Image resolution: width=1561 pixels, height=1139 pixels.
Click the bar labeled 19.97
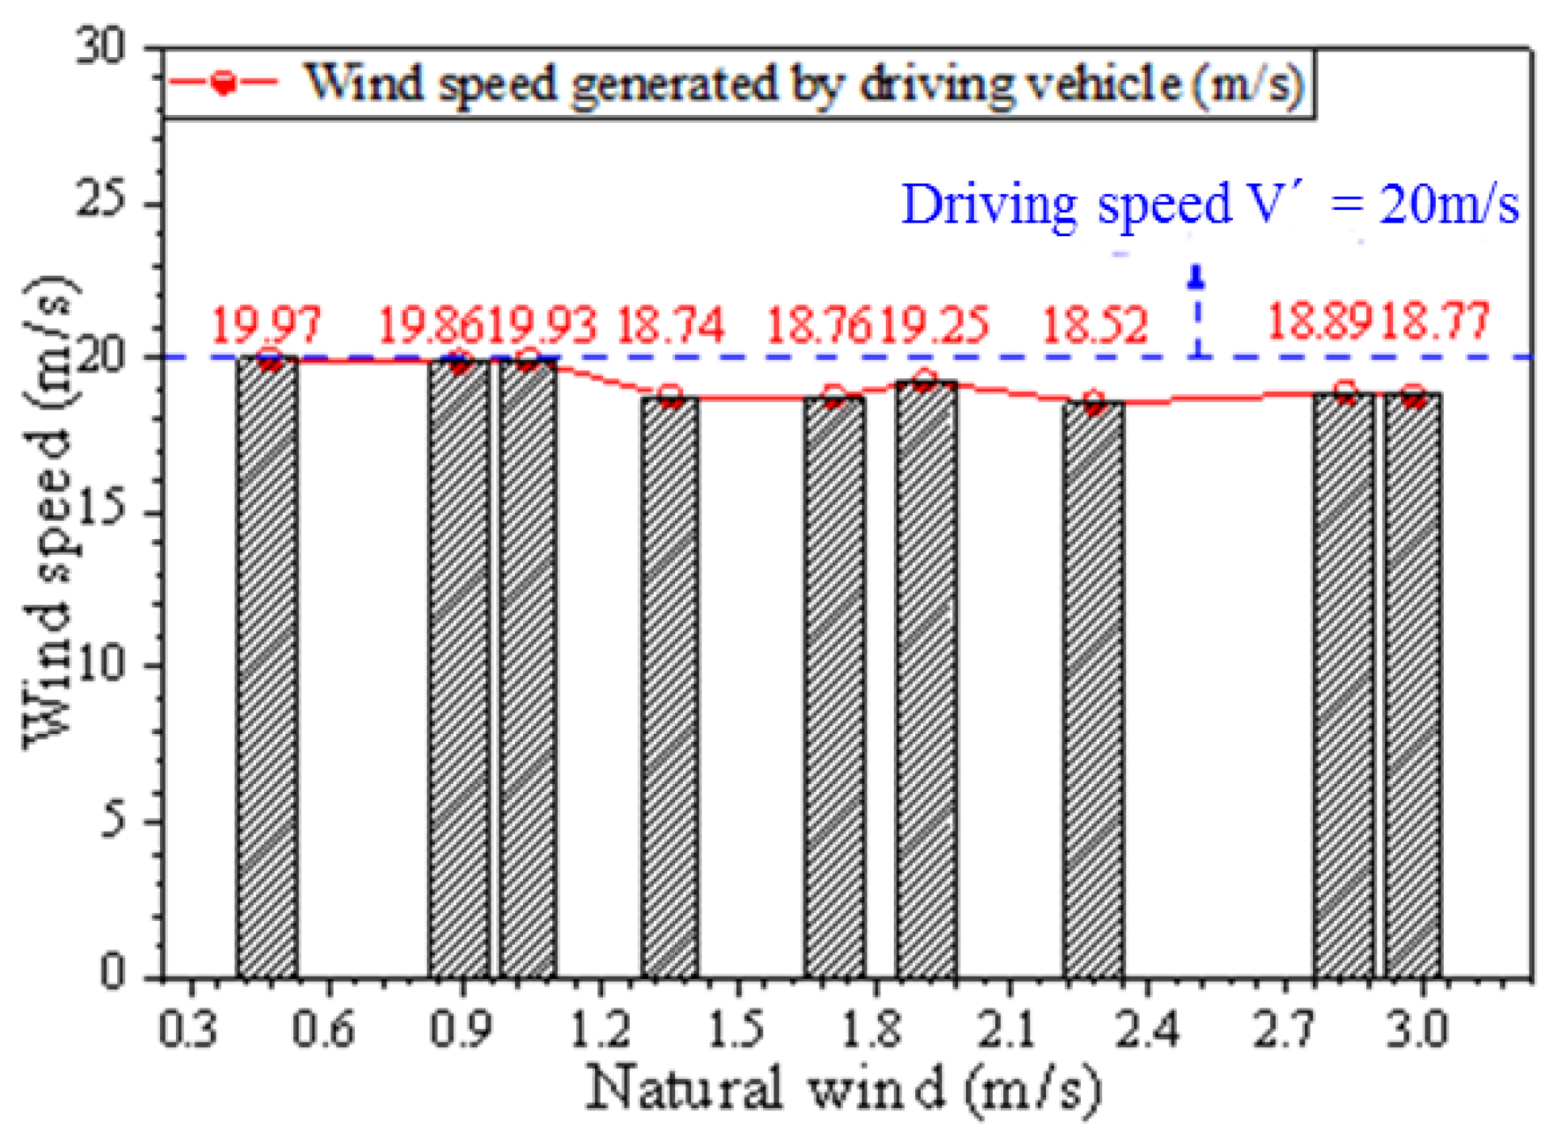[x=268, y=666]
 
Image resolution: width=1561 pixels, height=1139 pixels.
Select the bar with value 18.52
[x=1093, y=690]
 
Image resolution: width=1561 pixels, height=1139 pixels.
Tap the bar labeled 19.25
[x=926, y=678]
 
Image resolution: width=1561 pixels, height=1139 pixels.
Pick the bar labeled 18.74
[x=670, y=686]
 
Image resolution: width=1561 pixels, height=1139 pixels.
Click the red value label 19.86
[x=430, y=325]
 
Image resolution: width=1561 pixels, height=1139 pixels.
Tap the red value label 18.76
[x=819, y=325]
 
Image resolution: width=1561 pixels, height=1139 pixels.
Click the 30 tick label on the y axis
[x=101, y=48]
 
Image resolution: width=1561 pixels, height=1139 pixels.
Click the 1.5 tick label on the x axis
[x=735, y=1028]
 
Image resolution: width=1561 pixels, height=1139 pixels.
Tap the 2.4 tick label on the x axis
[x=1147, y=1028]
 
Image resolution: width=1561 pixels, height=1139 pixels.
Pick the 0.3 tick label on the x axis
[x=188, y=1028]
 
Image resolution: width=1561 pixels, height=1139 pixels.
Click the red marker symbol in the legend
[x=224, y=82]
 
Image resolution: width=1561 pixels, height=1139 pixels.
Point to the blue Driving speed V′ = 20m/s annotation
[x=1210, y=204]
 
